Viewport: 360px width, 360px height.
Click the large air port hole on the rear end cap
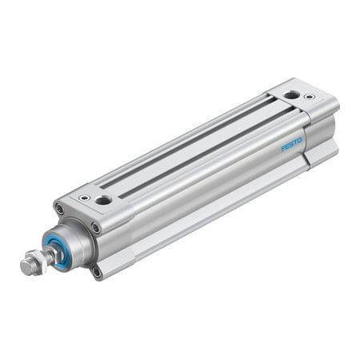[291, 95]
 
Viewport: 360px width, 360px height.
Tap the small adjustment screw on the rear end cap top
[310, 98]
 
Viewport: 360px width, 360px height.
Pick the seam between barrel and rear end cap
[305, 136]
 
